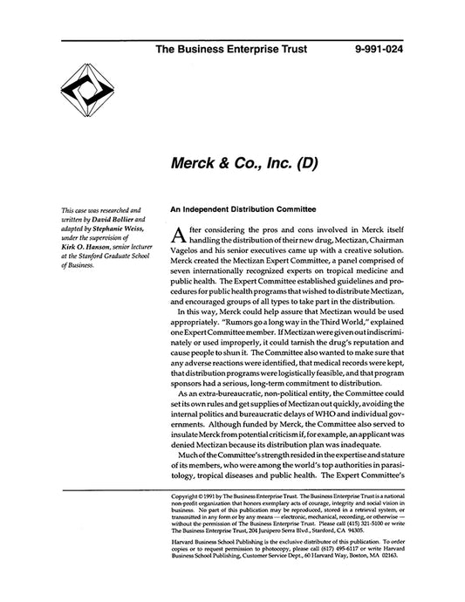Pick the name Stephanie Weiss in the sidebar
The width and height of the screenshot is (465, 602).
click(118, 230)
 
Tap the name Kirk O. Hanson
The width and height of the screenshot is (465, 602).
click(87, 250)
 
